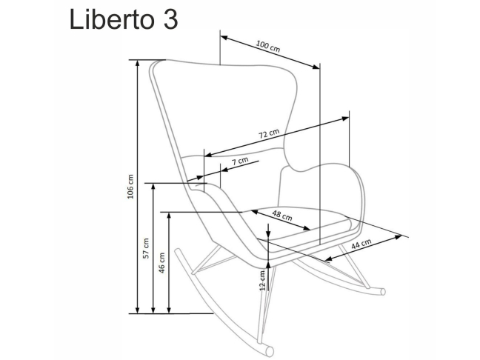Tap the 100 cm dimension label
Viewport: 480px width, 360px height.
pos(267,45)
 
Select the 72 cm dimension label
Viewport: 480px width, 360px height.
pos(268,135)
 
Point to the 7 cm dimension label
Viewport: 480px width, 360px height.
pos(239,161)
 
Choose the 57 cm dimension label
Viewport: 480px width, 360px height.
pos(146,247)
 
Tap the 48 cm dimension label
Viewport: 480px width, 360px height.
pos(281,217)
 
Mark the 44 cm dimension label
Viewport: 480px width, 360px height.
pos(361,244)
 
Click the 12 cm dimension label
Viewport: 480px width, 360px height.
pos(261,281)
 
